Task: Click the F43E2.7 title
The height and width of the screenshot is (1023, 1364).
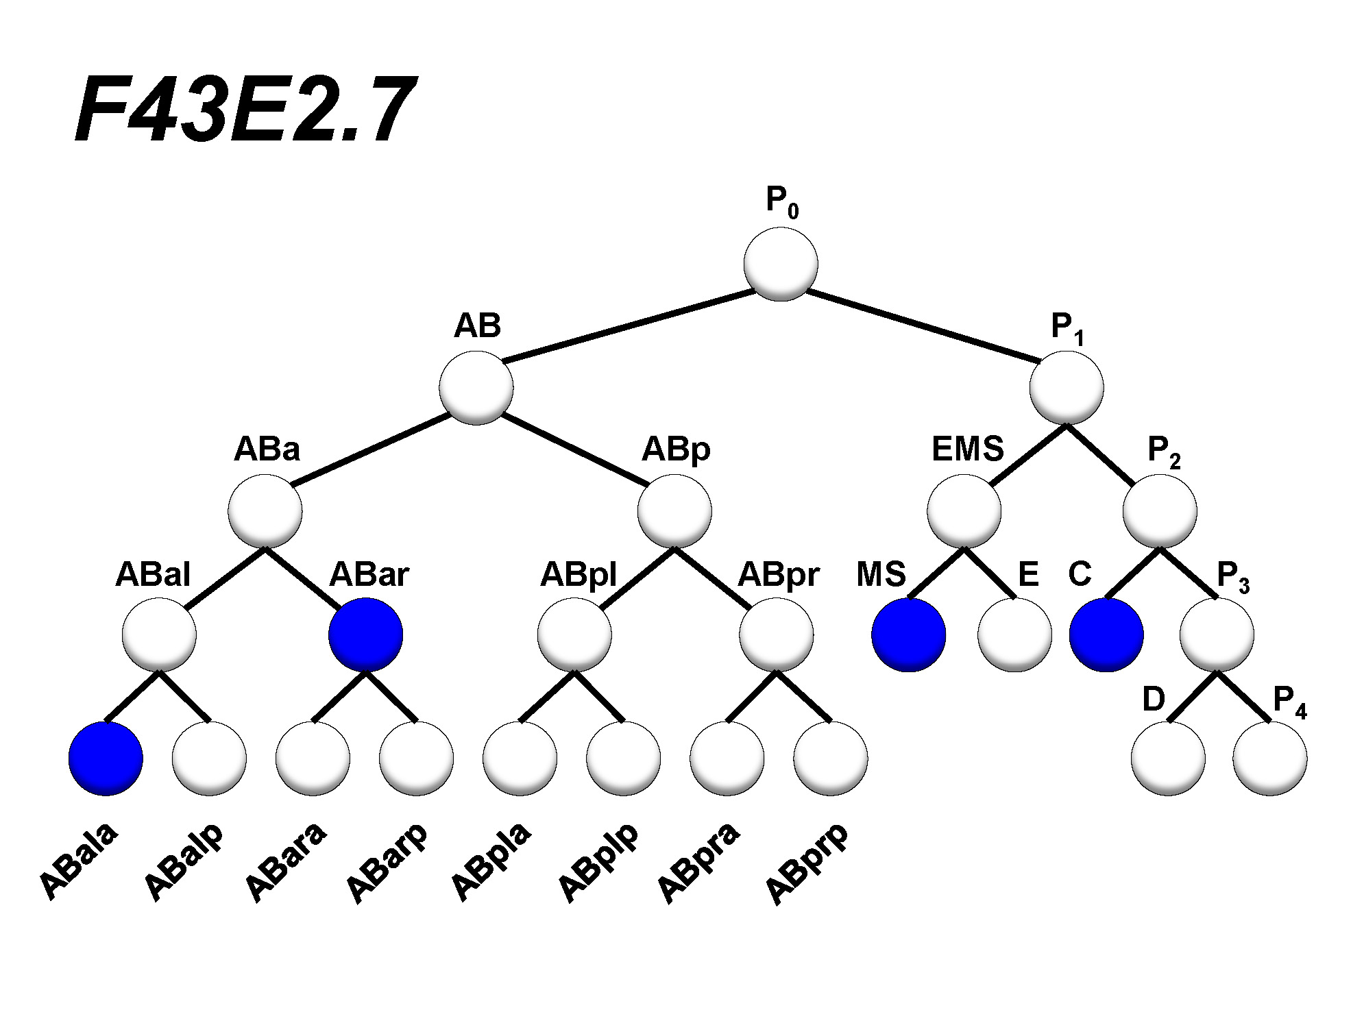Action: coord(244,110)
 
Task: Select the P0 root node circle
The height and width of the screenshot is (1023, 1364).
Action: coord(781,264)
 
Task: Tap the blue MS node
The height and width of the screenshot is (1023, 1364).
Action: coord(908,634)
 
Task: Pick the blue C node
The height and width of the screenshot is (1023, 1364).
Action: coord(1106,634)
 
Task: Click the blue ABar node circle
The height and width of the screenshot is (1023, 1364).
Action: coord(365,634)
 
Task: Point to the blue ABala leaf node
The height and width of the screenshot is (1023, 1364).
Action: coord(106,759)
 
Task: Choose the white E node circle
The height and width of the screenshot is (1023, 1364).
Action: coord(1014,634)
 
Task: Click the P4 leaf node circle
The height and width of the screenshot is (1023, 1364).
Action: coord(1269,759)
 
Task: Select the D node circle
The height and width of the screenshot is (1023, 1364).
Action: coord(1168,759)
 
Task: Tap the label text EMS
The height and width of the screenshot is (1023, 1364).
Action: coord(967,449)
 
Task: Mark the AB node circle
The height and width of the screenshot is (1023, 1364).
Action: coord(476,387)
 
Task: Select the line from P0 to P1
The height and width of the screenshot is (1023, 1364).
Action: coord(922,326)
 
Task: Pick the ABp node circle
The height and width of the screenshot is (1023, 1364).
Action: coord(674,511)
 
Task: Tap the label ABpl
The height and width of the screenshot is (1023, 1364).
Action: coord(579,575)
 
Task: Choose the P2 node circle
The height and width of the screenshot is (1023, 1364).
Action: coord(1160,511)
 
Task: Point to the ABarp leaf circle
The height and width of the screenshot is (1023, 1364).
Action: coord(416,759)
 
